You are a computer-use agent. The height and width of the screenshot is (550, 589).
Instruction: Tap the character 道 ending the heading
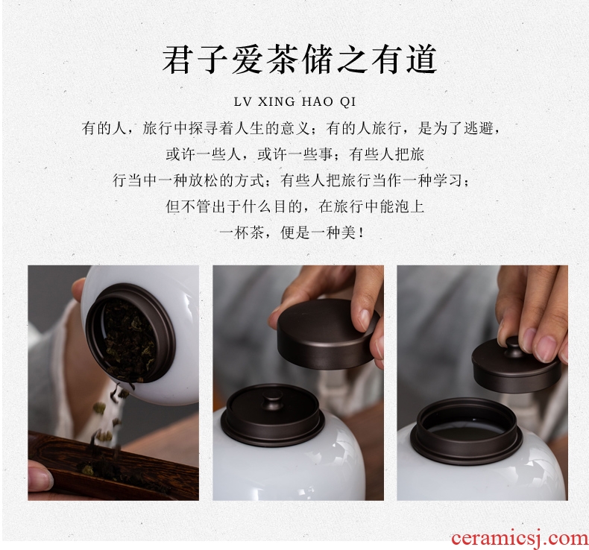(421, 59)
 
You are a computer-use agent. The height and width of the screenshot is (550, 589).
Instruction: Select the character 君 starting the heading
(177, 59)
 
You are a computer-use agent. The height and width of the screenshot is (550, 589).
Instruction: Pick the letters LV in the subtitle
(243, 102)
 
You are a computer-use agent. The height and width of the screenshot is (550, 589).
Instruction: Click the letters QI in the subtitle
(347, 102)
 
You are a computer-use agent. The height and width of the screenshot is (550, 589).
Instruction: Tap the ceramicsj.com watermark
(520, 538)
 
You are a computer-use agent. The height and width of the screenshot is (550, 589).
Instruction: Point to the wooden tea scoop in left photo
(113, 466)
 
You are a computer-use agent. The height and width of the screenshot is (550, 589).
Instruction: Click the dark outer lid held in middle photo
(326, 333)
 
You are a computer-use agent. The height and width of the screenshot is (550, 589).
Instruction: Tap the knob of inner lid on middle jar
(273, 399)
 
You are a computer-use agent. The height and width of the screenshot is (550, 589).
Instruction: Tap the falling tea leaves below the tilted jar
(107, 417)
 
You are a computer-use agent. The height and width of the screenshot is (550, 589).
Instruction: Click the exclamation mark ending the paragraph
(361, 233)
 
